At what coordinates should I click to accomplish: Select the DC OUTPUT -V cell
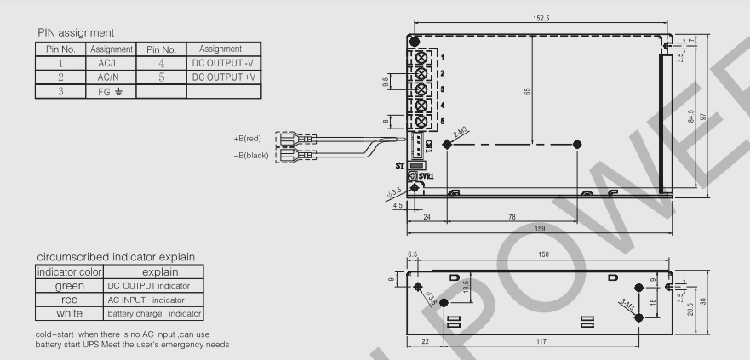pos(220,63)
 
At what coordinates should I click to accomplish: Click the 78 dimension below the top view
pos(512,217)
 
